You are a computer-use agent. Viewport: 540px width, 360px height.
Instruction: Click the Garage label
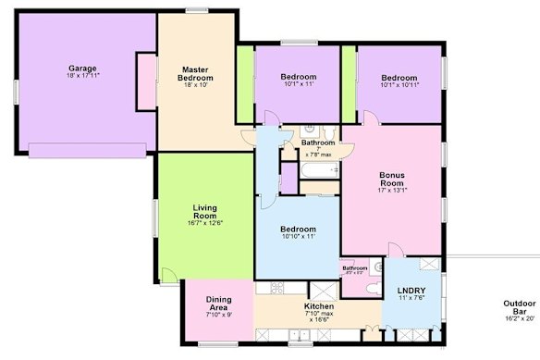tap(83, 68)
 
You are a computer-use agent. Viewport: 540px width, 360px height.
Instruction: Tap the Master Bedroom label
tap(195, 73)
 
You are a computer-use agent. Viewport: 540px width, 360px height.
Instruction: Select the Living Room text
tap(204, 212)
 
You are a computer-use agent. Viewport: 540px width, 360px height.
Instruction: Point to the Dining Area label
tap(218, 301)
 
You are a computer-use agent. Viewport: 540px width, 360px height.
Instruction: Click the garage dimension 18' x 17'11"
tap(83, 75)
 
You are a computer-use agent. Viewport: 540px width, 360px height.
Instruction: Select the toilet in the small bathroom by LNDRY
tap(371, 288)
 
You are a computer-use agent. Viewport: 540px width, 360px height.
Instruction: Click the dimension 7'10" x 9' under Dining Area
tap(218, 315)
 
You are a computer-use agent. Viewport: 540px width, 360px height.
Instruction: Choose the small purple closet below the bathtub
tap(288, 179)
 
